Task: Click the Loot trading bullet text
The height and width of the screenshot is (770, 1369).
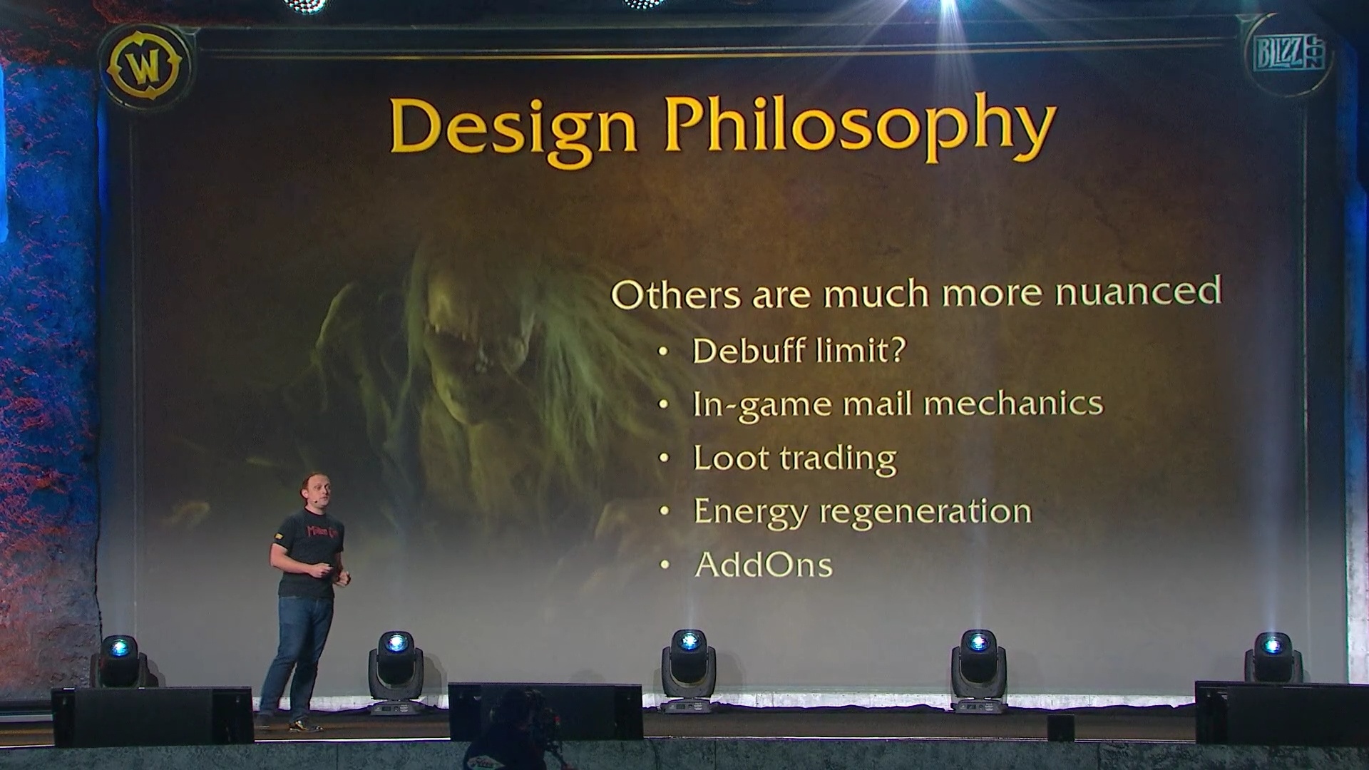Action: click(794, 458)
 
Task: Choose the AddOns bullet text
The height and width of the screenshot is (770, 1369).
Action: click(763, 565)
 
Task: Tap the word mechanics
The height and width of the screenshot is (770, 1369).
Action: click(1012, 404)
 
